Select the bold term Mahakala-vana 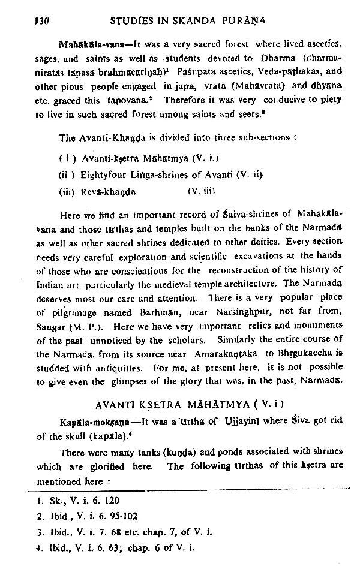[x=88, y=45]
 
